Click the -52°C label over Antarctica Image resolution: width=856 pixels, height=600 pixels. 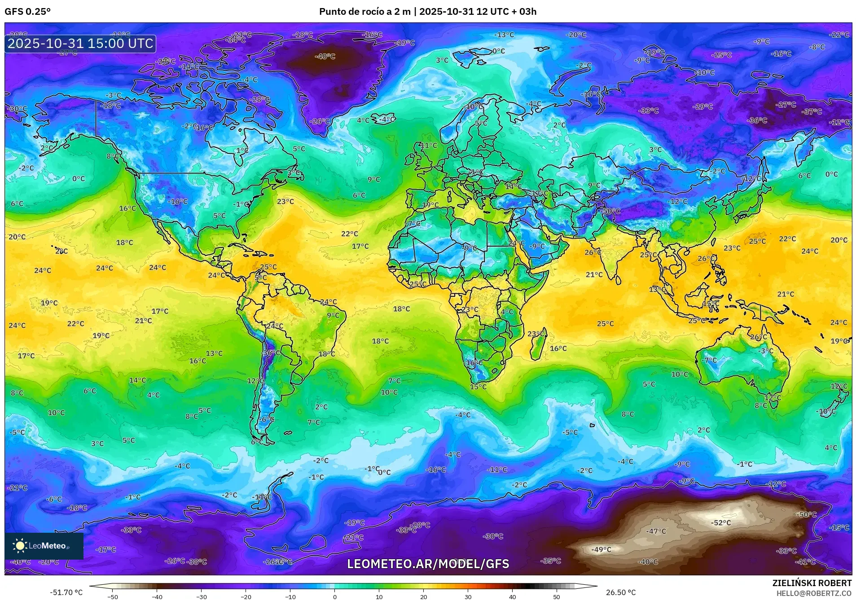721,522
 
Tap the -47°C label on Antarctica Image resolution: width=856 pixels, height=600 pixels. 656,531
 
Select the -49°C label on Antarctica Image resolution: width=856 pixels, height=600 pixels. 601,549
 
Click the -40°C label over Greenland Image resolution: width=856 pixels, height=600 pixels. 325,57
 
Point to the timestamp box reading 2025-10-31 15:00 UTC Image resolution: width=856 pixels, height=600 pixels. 80,43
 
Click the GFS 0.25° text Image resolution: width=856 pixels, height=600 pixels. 27,12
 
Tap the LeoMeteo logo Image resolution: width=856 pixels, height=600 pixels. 44,546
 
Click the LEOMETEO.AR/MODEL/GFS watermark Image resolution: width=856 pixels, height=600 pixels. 428,564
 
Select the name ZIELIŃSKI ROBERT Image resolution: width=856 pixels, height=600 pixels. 812,583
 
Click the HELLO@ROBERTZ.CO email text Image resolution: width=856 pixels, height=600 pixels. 814,593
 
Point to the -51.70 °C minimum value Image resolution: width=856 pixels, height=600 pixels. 66,592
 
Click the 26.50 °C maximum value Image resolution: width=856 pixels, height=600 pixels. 621,592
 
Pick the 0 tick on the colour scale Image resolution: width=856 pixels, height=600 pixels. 334,596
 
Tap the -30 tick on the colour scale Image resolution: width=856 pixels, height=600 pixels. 201,596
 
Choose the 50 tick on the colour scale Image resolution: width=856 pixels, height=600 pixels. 556,596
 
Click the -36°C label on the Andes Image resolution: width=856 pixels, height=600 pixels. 271,353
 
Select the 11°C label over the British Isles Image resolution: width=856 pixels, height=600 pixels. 428,145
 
